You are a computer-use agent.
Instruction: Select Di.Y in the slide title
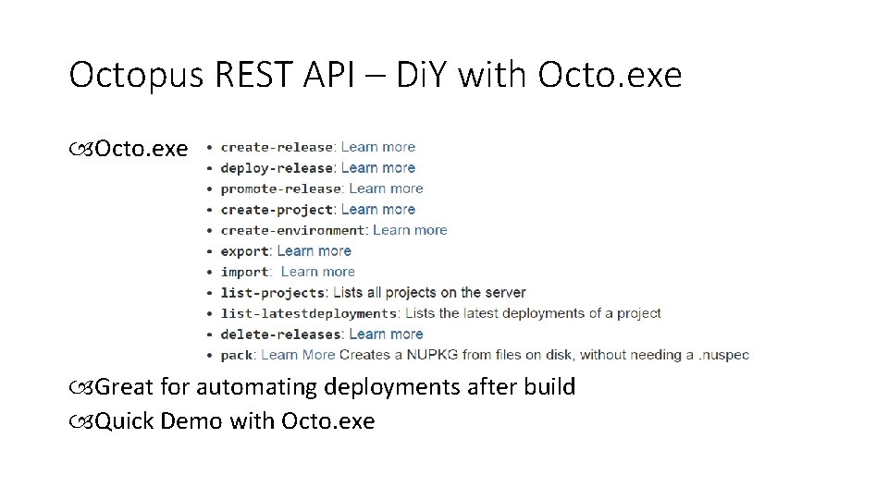[x=422, y=76]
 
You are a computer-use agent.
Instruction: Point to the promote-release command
[x=280, y=189]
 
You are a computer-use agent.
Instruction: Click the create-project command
[x=276, y=210]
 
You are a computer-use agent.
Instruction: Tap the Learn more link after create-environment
[x=410, y=230]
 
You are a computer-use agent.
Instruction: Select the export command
[x=244, y=251]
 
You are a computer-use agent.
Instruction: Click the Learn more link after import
[x=317, y=272]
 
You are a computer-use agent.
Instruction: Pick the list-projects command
[x=273, y=293]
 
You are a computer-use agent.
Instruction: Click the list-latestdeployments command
[x=308, y=313]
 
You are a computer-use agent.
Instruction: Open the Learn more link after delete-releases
[x=386, y=335]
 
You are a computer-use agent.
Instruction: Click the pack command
[x=236, y=355]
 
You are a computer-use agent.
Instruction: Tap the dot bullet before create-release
[x=210, y=148]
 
